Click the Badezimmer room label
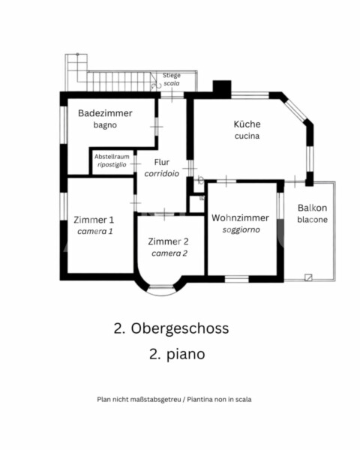tap(105, 113)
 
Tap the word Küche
tap(247, 124)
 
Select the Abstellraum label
tap(112, 157)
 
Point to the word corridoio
tap(162, 173)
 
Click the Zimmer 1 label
tap(94, 220)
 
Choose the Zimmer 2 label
tap(168, 241)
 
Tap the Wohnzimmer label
tap(240, 217)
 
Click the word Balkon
tap(312, 208)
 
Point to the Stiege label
tap(172, 76)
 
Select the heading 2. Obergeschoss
tap(172, 328)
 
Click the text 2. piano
tap(177, 354)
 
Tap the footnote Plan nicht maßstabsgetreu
tap(139, 400)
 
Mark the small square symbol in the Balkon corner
tap(308, 277)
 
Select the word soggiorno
tap(241, 229)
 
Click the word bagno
tap(105, 125)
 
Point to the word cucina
tap(247, 136)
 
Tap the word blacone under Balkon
tap(312, 220)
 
